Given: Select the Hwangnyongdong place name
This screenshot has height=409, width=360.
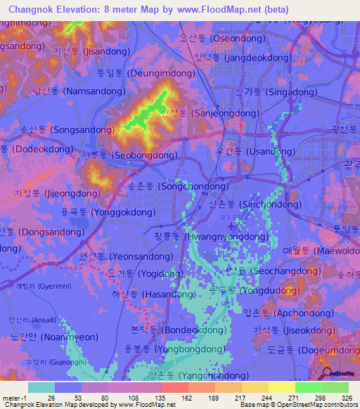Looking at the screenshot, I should point(198,237).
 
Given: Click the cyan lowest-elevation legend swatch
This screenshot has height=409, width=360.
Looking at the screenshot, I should point(41,387).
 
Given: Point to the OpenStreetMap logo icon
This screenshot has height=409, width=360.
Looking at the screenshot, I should point(325,374).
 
